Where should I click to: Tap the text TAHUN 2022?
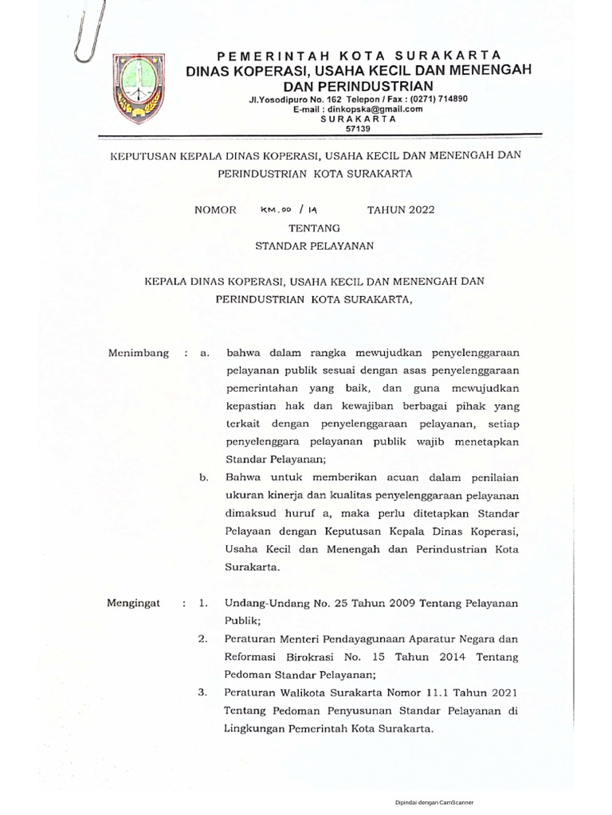pos(400,210)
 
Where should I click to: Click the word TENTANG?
pos(313,228)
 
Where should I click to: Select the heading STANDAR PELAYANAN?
pos(314,246)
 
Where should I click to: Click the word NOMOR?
pos(215,210)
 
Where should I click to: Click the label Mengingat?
pos(133,603)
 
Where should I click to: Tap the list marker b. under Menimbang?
pos(204,478)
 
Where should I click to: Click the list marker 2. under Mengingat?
pos(203,638)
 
